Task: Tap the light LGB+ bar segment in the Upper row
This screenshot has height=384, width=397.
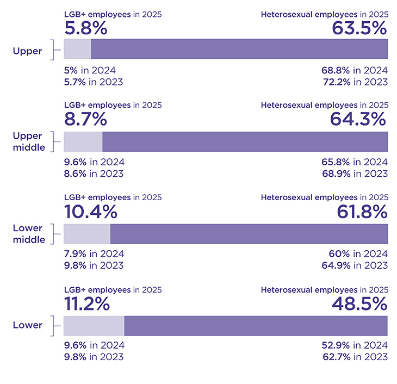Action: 77,49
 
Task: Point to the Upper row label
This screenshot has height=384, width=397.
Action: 27,51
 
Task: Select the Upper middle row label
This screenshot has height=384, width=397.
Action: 29,141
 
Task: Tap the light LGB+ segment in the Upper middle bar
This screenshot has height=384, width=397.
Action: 83,141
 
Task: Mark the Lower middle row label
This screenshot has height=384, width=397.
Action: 29,233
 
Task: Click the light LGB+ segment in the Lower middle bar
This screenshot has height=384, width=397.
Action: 87,233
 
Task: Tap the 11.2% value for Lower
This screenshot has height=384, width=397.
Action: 86,304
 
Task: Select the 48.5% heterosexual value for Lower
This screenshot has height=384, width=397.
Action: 359,304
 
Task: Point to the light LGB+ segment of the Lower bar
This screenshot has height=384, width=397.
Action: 94,325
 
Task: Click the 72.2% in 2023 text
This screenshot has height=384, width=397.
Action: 355,82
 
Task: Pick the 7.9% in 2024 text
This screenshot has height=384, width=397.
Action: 94,254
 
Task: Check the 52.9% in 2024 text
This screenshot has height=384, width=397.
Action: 355,345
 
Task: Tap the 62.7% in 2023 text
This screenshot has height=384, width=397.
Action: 355,357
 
